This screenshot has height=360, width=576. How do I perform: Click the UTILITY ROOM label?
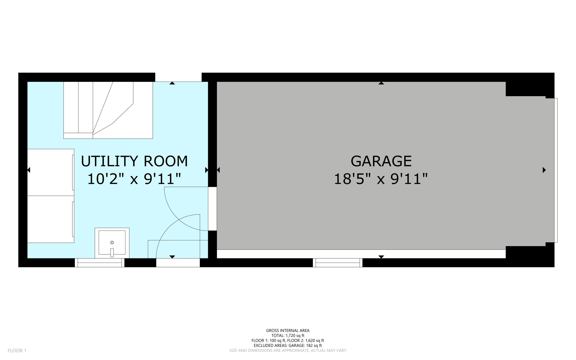[134, 161]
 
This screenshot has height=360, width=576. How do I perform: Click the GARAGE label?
[381, 161]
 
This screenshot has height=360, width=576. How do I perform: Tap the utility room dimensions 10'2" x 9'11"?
[134, 179]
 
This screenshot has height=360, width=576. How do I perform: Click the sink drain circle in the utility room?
[112, 242]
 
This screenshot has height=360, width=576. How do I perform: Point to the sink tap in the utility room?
[112, 252]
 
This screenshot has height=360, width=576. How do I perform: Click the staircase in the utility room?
[108, 110]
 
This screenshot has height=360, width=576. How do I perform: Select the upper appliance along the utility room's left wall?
[51, 172]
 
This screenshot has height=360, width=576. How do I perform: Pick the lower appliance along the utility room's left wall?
[51, 219]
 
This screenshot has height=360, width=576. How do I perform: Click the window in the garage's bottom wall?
[337, 263]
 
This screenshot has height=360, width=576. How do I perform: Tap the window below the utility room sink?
[100, 263]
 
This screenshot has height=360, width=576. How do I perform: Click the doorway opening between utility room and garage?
[212, 209]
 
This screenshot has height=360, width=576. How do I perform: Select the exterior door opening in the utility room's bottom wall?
[178, 263]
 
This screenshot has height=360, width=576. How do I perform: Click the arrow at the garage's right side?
[544, 170]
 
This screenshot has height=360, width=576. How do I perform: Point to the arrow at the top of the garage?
[381, 83]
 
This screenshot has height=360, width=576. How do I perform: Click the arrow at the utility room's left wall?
[29, 170]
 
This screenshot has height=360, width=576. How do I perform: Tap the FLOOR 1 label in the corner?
[17, 350]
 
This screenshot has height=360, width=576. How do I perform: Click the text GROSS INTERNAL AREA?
[288, 330]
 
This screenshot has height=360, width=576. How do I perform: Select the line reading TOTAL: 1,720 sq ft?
[288, 336]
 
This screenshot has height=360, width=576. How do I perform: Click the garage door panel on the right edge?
[556, 170]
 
